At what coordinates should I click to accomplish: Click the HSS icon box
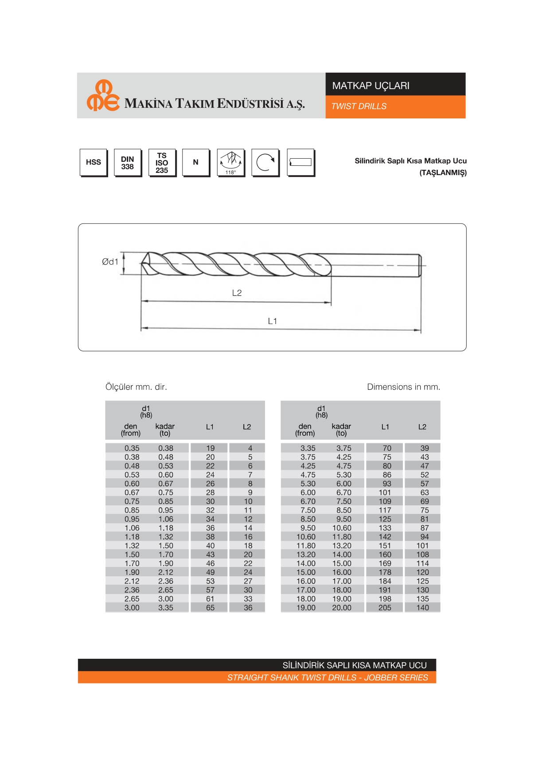point(94,162)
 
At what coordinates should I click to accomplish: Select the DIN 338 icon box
point(128,163)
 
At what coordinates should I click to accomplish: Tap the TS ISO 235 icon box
point(162,163)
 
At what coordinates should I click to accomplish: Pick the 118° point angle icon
point(231,163)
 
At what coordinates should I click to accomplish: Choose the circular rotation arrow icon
point(265,163)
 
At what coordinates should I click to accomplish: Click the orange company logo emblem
point(103,96)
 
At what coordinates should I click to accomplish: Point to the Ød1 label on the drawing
point(110,262)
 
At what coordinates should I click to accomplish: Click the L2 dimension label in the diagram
point(237,293)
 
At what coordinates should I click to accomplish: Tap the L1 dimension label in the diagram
point(272,321)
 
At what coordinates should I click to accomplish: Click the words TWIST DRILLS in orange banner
point(359,106)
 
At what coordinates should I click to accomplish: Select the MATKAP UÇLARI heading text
point(371,86)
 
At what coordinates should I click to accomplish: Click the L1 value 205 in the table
point(385,608)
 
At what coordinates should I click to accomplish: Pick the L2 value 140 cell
point(422,608)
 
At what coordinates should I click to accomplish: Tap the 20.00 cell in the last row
point(342,608)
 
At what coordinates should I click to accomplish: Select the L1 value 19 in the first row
point(210,448)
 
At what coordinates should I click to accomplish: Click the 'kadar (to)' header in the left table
point(165,430)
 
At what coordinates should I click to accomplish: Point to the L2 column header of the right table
point(422,427)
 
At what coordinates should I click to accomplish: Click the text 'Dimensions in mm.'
point(403,387)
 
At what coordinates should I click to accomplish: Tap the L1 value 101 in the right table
point(385,493)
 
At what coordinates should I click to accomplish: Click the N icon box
point(196,163)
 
